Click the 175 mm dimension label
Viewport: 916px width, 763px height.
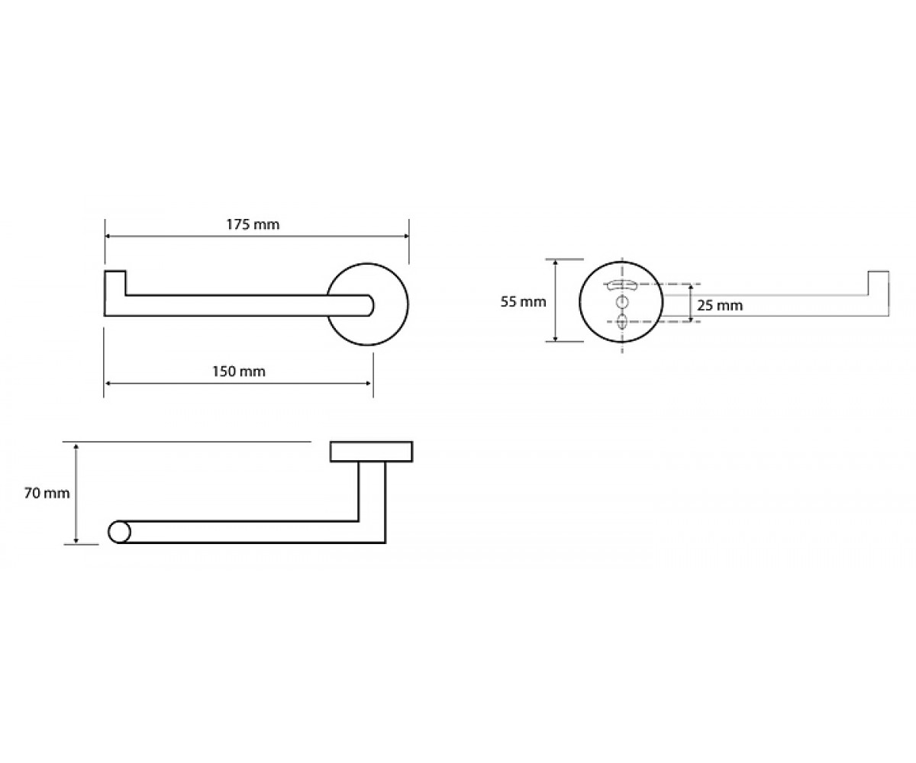(x=253, y=224)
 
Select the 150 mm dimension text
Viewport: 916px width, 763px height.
(x=239, y=372)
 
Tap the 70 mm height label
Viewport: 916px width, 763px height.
(x=47, y=494)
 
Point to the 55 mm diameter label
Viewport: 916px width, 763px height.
(x=524, y=301)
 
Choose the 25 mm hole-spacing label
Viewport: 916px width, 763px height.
(x=720, y=306)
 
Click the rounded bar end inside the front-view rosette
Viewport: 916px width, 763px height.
(x=369, y=305)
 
